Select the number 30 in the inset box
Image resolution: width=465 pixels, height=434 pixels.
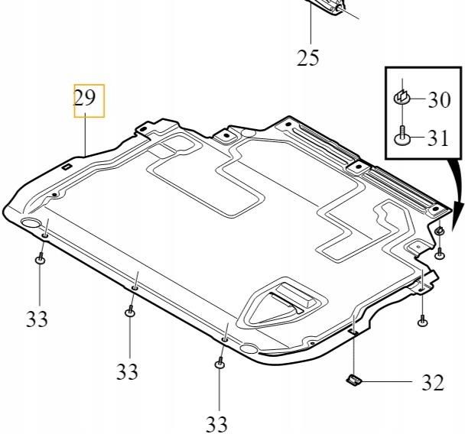pos(438,99)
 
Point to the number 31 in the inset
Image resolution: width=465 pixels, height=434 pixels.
pos(438,138)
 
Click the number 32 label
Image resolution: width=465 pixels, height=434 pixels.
pos(432,383)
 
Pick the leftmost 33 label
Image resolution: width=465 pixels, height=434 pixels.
pos(37,319)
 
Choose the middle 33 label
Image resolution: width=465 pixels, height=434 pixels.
pos(127,371)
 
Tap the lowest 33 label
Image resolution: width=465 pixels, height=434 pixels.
pos(216,422)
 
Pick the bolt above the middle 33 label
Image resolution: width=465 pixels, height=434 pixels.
pos(129,311)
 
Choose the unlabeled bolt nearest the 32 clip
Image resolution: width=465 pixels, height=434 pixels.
pos(422,322)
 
